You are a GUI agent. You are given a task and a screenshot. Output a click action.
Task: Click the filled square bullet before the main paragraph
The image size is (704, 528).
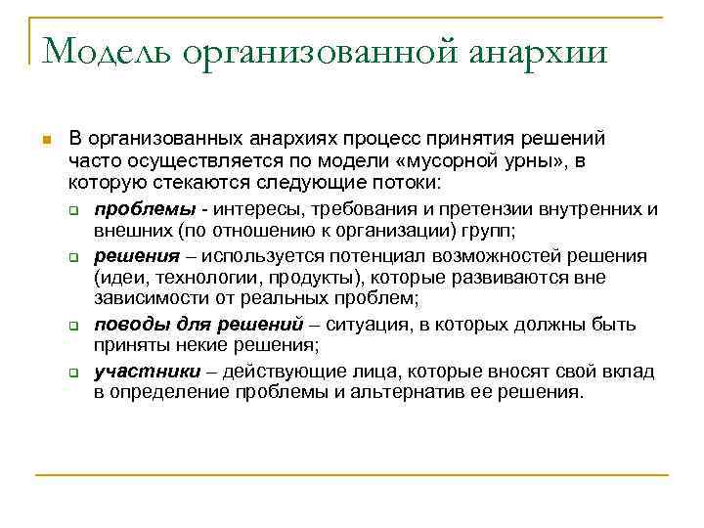click(x=45, y=141)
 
